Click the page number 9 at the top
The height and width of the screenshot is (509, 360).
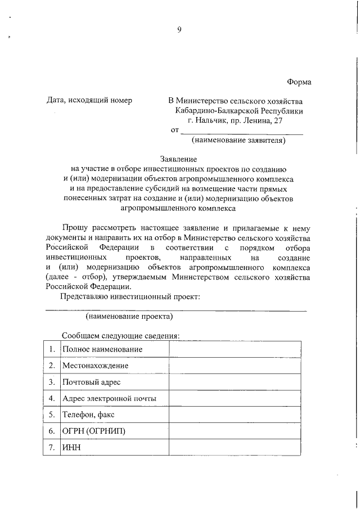tap(179, 30)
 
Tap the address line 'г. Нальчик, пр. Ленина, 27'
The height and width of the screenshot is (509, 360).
tap(238, 120)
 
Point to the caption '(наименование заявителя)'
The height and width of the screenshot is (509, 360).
tap(238, 140)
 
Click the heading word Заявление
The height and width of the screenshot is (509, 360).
tap(179, 160)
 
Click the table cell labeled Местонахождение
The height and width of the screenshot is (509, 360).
tap(96, 366)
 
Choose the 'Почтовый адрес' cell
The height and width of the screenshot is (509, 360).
tap(92, 382)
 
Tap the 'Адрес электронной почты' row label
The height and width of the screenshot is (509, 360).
tap(109, 399)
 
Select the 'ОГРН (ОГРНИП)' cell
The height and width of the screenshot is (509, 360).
tap(94, 431)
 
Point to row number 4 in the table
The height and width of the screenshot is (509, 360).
tap(51, 399)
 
